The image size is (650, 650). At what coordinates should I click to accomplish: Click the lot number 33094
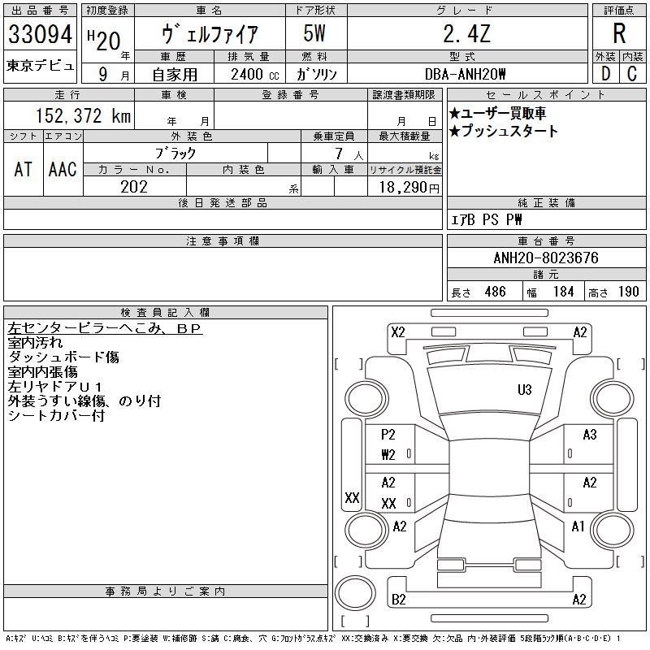pos(41,35)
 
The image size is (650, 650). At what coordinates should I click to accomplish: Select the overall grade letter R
pos(619,33)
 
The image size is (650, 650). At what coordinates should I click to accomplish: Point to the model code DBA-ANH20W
pos(466,74)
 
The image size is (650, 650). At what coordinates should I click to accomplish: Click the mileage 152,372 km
pos(82,116)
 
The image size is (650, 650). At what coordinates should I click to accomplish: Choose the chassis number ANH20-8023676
pos(546,258)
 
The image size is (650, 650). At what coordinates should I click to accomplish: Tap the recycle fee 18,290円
pos(405,187)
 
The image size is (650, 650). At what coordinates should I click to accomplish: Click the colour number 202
pos(134,187)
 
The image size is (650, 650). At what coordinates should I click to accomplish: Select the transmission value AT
pos(23,169)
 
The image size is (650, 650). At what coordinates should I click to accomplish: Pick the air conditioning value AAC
pos(63,169)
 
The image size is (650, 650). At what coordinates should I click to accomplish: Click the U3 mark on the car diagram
pos(525,390)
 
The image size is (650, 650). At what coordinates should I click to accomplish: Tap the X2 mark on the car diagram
pos(397,331)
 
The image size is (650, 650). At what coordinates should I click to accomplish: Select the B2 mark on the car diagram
pos(398,600)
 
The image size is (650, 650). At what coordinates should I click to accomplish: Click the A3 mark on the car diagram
pos(590,435)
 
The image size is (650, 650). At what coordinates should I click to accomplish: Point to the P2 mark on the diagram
pos(388,435)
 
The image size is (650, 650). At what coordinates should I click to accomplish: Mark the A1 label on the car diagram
pos(578,526)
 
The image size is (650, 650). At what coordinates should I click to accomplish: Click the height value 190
pos(628,292)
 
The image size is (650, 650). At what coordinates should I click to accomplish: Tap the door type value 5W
pos(316,35)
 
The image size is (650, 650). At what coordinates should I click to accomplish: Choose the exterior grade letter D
pos(604,73)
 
